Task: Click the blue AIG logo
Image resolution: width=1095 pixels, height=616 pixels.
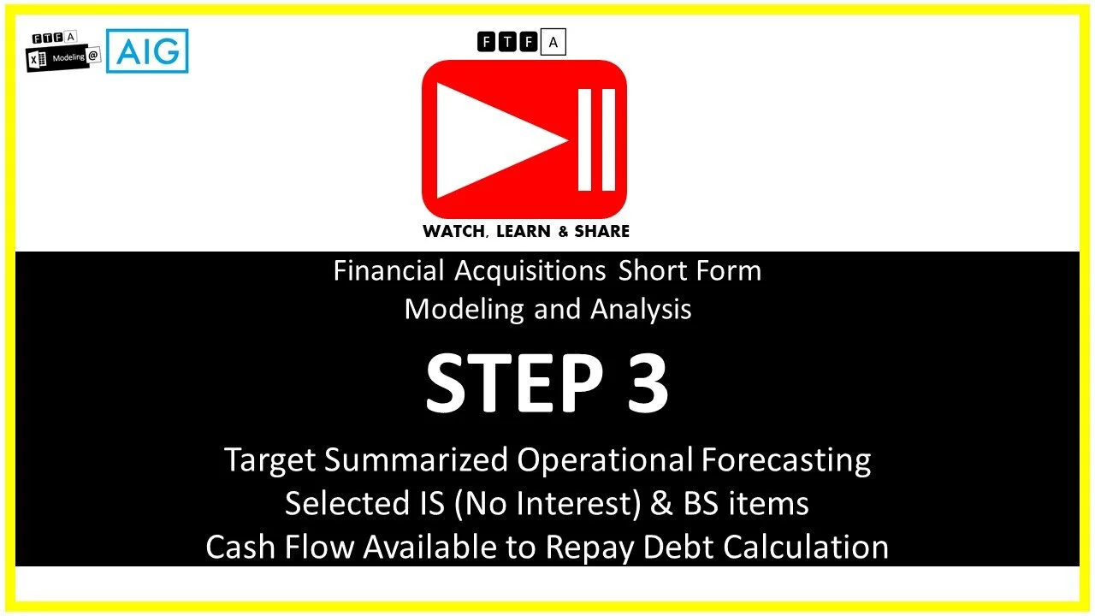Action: (x=147, y=51)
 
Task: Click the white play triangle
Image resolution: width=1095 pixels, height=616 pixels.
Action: (x=496, y=140)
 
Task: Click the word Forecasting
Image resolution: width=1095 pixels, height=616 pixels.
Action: (x=786, y=460)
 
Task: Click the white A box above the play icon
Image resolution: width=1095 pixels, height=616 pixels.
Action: (x=553, y=41)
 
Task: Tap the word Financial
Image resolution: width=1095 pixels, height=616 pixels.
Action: (x=389, y=271)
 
